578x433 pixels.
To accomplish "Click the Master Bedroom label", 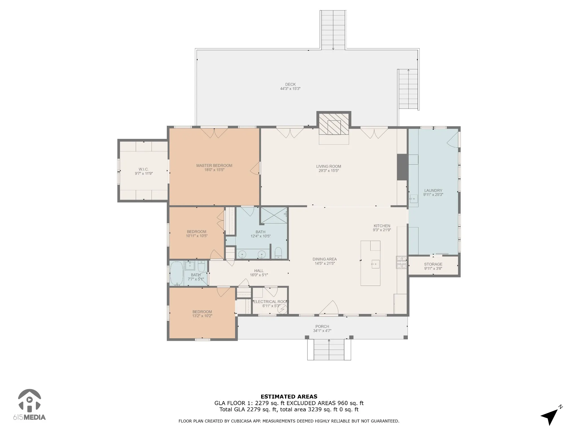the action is pyautogui.click(x=214, y=165).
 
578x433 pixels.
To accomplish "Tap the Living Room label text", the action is pyautogui.click(x=329, y=166).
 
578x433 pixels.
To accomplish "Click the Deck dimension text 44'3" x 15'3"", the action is pyautogui.click(x=290, y=89).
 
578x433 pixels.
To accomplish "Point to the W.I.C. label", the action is pyautogui.click(x=144, y=169).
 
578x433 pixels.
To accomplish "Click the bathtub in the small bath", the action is pyautogui.click(x=177, y=273).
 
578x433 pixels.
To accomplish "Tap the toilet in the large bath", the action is pyautogui.click(x=278, y=253).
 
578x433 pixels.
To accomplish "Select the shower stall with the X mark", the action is pyautogui.click(x=274, y=215).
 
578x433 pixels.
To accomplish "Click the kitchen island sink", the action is pyautogui.click(x=375, y=264).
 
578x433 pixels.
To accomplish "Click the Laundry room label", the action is pyautogui.click(x=433, y=191).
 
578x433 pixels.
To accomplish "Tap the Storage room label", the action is pyautogui.click(x=433, y=264).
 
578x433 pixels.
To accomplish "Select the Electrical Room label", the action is pyautogui.click(x=271, y=302).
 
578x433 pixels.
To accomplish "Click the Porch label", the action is pyautogui.click(x=322, y=326).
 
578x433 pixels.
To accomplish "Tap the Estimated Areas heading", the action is pyautogui.click(x=289, y=397).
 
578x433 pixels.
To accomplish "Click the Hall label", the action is pyautogui.click(x=259, y=271).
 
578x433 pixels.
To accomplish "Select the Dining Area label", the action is pyautogui.click(x=325, y=259).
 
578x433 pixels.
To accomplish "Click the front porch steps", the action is pyautogui.click(x=329, y=350).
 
